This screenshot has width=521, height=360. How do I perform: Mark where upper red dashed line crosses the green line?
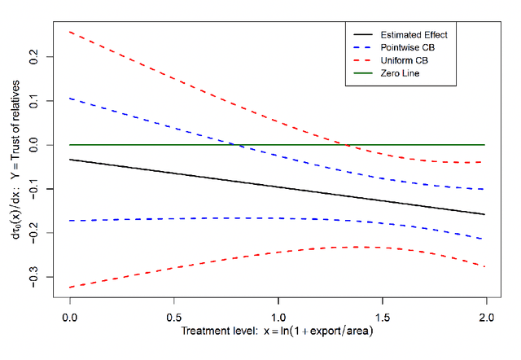point(348,145)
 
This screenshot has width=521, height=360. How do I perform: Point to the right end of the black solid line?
point(485,214)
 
